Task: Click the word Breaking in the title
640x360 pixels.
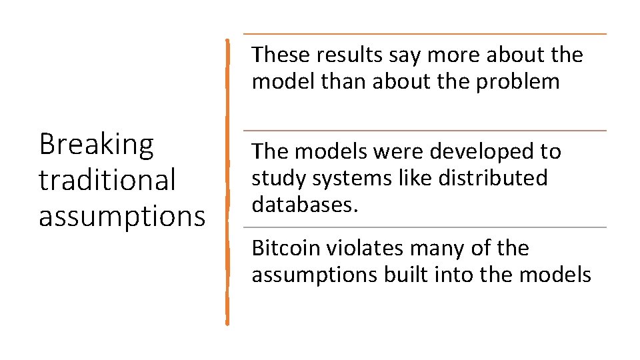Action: [96, 145]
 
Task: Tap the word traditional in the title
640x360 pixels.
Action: [107, 180]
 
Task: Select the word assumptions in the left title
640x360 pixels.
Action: [122, 216]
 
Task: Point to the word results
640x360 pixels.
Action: [343, 55]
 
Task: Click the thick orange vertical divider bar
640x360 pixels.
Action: [227, 180]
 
